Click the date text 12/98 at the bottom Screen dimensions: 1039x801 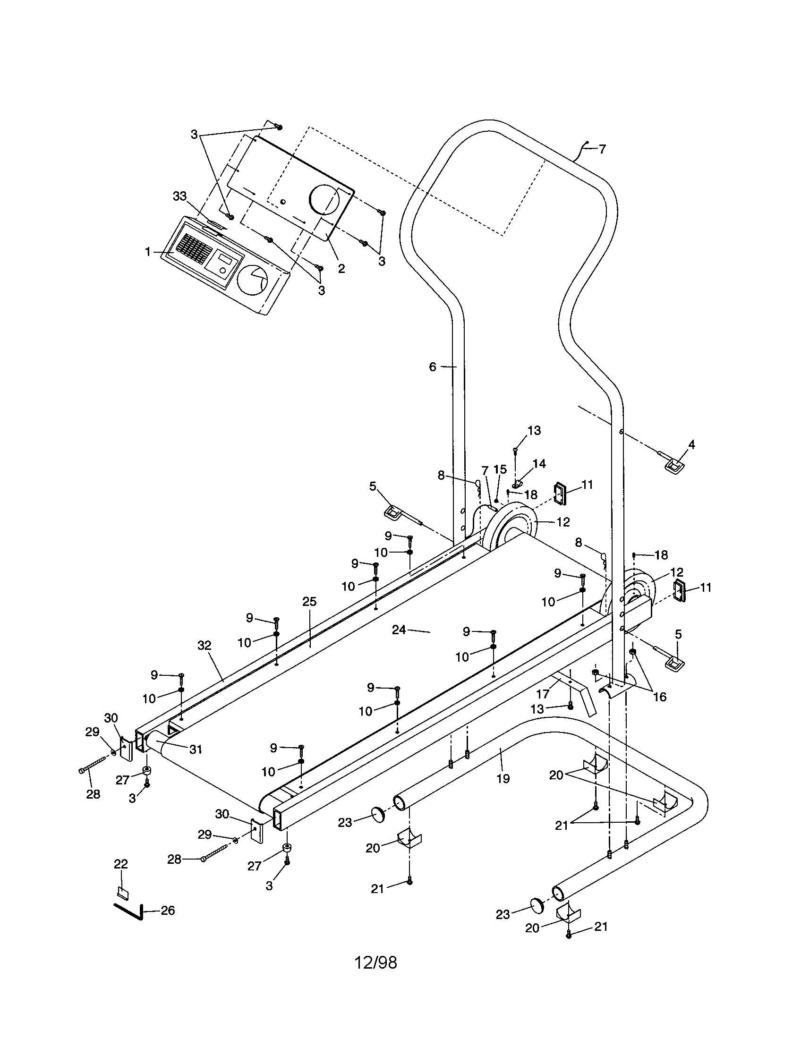[375, 962]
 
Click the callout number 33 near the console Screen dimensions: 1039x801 [180, 196]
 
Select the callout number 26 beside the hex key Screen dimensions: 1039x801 [168, 911]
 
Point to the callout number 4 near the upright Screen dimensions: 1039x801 [691, 444]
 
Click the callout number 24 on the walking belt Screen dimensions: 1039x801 [399, 630]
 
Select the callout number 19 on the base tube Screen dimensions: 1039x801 [503, 778]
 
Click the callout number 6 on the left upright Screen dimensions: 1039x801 [432, 367]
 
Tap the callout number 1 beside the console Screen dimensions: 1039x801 [148, 252]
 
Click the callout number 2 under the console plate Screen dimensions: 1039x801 [341, 268]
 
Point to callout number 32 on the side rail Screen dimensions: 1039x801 [205, 646]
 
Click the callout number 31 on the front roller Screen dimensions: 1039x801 [196, 749]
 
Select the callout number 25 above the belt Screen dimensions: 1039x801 [309, 601]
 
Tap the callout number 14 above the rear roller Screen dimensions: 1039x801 [539, 463]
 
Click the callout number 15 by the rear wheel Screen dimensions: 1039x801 [500, 469]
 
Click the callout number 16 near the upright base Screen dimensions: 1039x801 [660, 697]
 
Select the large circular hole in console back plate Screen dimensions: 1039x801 [325, 200]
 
